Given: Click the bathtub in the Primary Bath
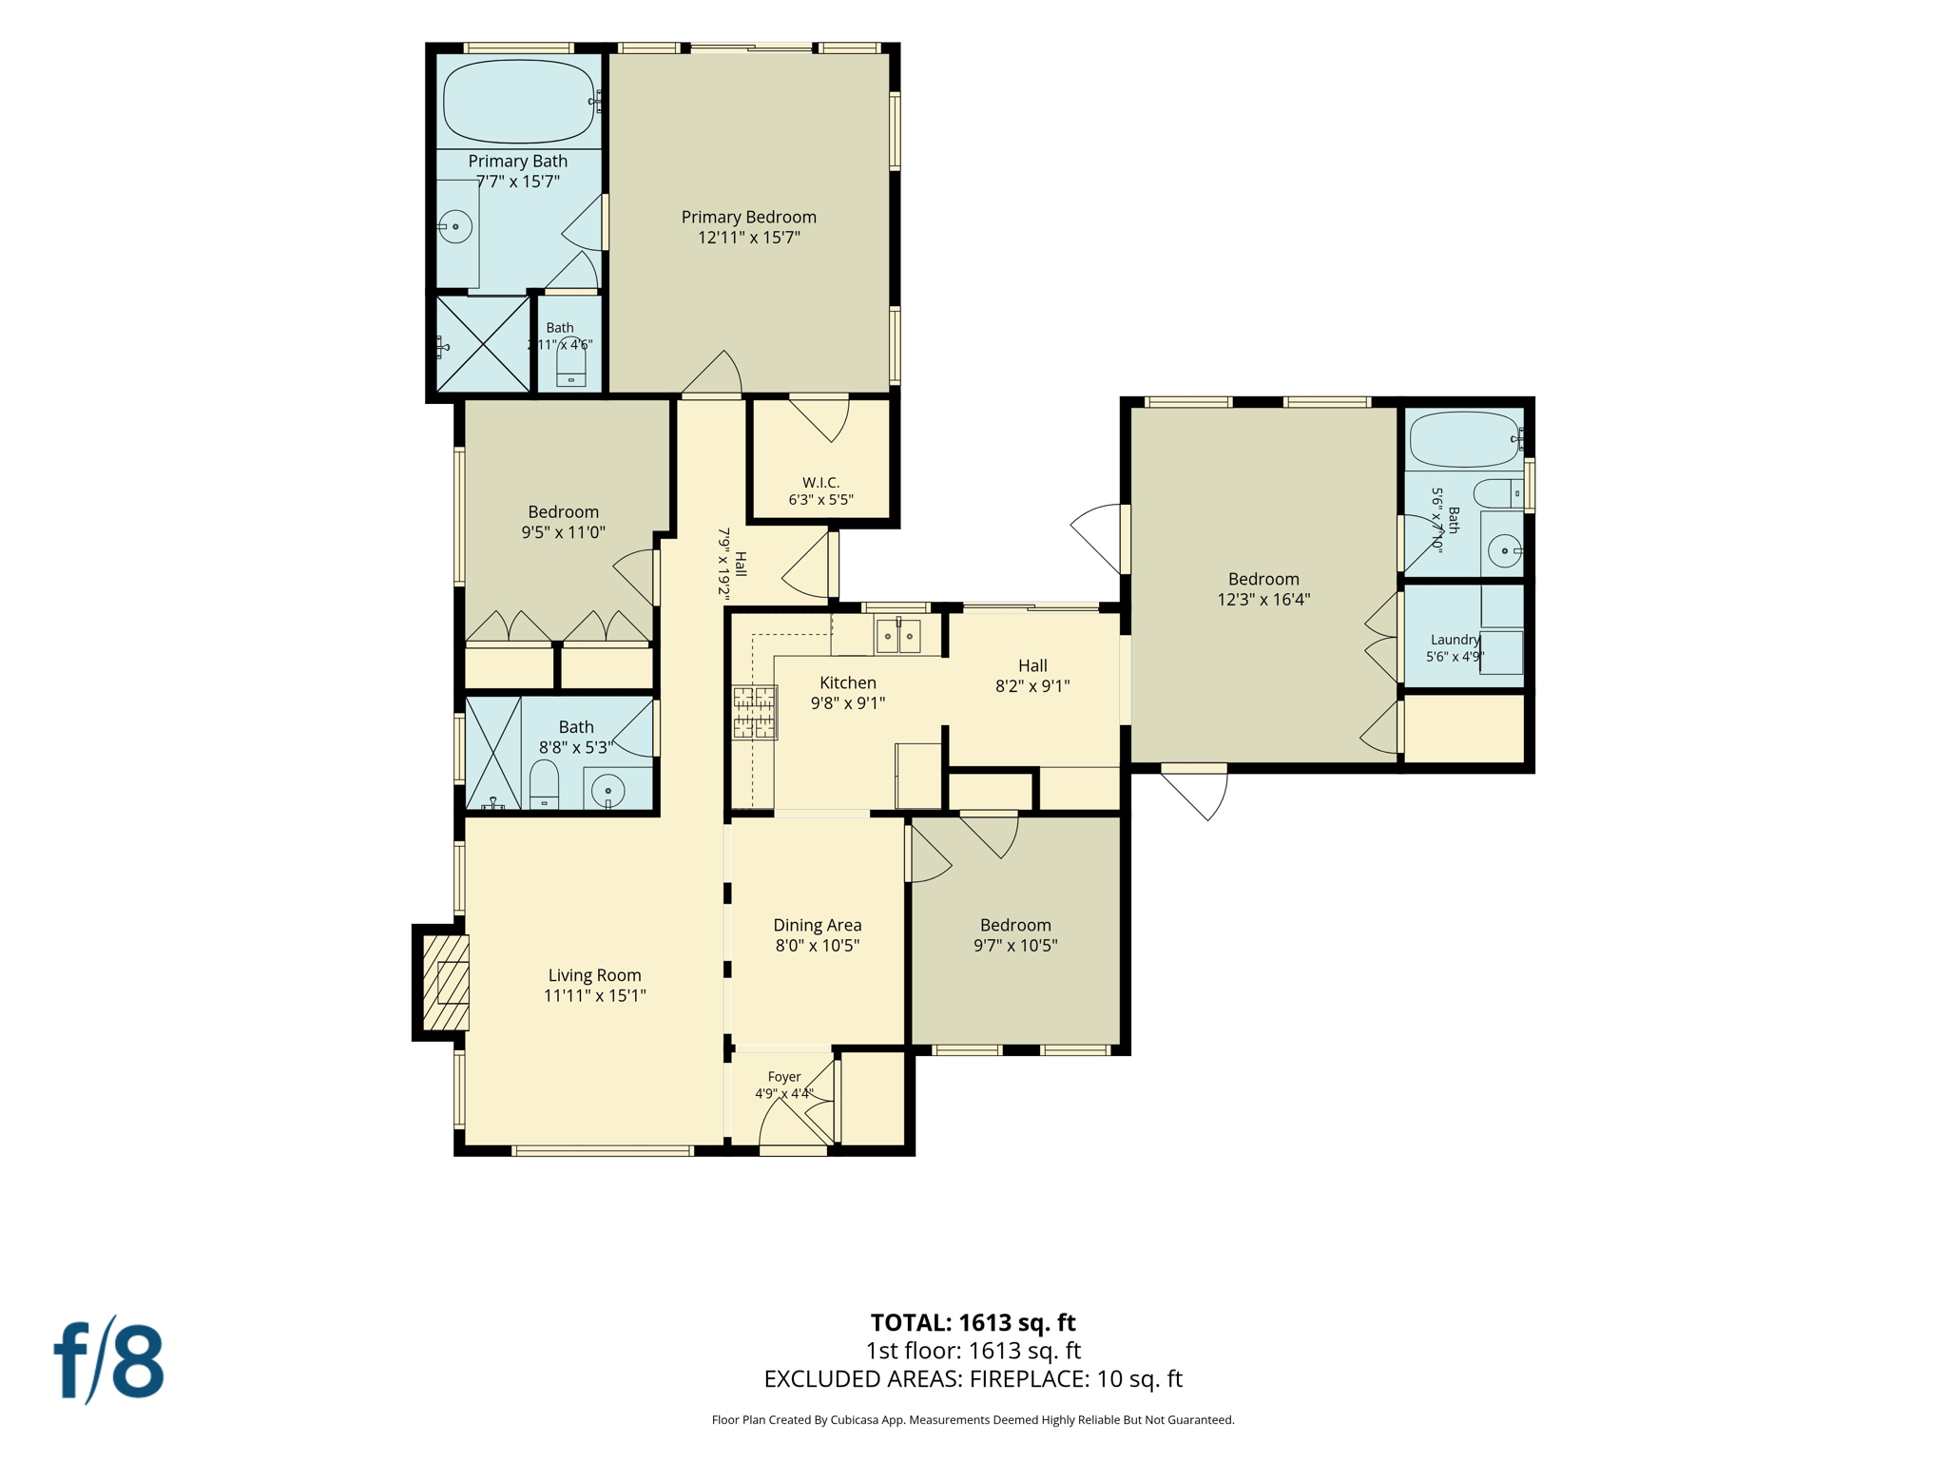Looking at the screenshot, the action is [x=519, y=102].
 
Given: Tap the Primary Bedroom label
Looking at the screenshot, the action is [x=749, y=217].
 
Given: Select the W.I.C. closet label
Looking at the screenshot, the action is [x=820, y=482].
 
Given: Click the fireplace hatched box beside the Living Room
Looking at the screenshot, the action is [x=446, y=983].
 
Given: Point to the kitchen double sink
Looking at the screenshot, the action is [x=898, y=636].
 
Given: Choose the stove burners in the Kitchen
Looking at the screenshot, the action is [x=755, y=712].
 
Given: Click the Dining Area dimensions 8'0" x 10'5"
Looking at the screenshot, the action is [x=818, y=946].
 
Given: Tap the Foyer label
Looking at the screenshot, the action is [x=784, y=1077].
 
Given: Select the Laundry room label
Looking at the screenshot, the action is [x=1455, y=640].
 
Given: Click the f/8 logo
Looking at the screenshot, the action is [x=109, y=1360].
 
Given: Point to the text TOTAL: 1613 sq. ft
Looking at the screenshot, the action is [x=973, y=1322].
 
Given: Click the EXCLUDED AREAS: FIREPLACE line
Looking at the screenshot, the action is [x=973, y=1378].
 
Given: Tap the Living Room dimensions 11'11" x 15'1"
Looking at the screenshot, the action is [x=595, y=995].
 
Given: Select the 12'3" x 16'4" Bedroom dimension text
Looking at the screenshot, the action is [x=1263, y=599].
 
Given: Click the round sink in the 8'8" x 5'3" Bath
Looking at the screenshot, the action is [x=607, y=790].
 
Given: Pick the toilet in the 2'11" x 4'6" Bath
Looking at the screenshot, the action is [x=571, y=362].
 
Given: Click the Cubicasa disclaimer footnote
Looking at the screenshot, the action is [x=973, y=1420].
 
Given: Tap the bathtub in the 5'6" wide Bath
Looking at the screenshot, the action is [x=1465, y=439].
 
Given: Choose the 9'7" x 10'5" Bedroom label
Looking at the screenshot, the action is [x=1015, y=935].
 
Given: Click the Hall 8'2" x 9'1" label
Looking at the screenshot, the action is [x=1032, y=676].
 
